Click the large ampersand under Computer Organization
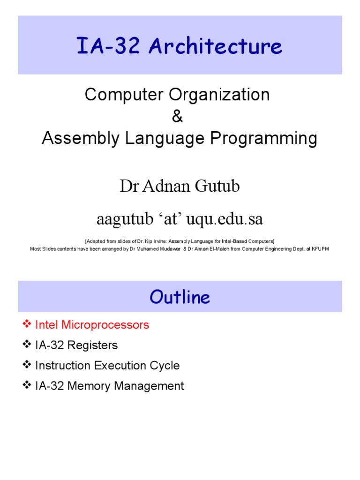[178, 117]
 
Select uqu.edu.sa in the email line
[227, 218]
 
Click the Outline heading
[180, 297]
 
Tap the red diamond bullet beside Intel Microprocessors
[26, 324]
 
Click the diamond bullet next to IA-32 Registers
[26, 345]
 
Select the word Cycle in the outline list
[165, 366]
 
